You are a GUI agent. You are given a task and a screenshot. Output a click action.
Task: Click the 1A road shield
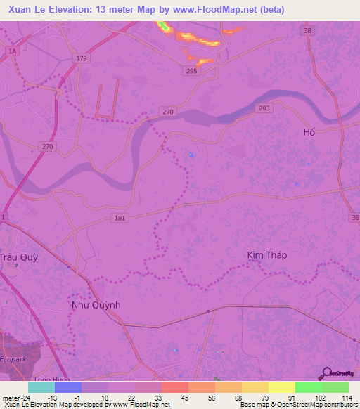tap(12, 51)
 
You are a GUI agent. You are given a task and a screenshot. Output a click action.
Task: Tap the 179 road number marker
tap(83, 58)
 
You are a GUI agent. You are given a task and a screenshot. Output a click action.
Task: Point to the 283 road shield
tap(264, 108)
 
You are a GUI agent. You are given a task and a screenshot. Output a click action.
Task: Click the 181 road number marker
tap(120, 218)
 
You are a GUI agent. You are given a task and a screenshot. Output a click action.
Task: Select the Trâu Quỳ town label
tap(18, 257)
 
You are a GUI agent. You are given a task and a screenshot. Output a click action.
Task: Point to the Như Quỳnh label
tap(97, 305)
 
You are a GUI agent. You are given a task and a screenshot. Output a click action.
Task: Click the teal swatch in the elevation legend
tap(41, 387)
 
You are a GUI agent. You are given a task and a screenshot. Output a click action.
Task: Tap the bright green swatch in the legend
tap(308, 387)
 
